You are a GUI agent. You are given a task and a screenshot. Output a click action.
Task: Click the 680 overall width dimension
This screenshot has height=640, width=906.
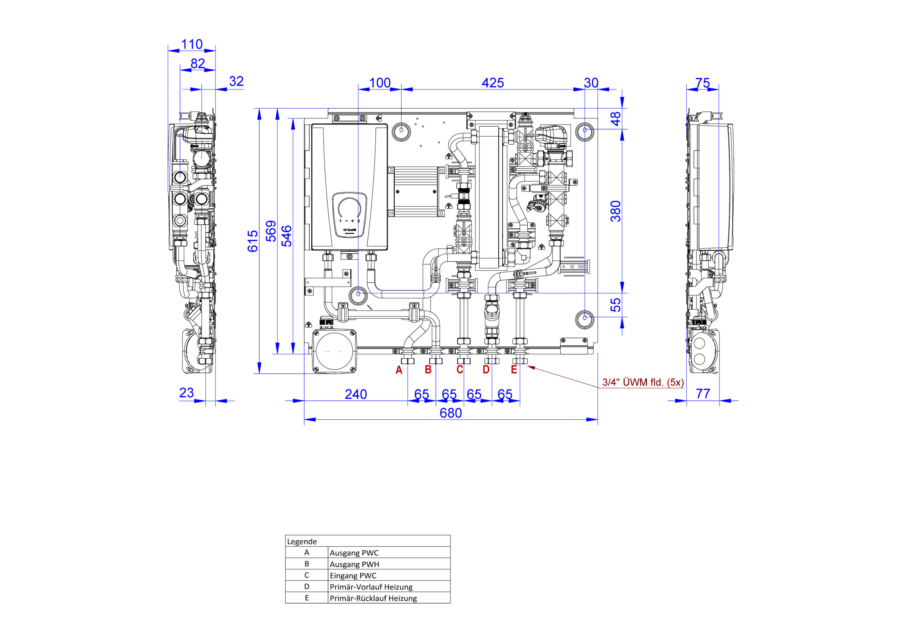[451, 413]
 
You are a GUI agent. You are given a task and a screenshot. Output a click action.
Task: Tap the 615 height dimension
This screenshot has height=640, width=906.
[253, 241]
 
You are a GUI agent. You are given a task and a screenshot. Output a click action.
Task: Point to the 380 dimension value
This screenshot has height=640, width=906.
[615, 211]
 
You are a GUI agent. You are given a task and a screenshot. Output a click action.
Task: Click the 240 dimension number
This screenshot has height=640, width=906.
[356, 394]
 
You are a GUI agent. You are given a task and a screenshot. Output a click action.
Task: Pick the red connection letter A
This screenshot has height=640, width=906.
[399, 370]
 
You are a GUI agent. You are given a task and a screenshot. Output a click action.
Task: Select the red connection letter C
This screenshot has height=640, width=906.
[460, 370]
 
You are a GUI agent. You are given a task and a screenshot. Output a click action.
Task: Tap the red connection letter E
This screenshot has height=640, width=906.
[514, 370]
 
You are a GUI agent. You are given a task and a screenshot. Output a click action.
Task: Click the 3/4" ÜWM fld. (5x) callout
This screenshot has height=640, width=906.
[643, 382]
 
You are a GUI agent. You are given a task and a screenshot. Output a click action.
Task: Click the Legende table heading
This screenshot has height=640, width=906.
[302, 542]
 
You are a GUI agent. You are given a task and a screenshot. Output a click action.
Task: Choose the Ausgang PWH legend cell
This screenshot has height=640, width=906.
[354, 564]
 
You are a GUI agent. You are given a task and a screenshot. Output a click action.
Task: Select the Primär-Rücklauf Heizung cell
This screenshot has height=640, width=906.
[373, 598]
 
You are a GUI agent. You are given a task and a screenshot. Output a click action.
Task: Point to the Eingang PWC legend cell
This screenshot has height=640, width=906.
[353, 576]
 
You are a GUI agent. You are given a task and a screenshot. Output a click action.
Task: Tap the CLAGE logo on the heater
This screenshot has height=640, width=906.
[350, 230]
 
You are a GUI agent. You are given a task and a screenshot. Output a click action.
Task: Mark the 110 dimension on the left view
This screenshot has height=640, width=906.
[192, 44]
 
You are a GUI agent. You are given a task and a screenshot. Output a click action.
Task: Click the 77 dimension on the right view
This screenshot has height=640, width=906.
[703, 393]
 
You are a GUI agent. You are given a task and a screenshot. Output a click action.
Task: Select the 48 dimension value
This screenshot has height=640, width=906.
[615, 119]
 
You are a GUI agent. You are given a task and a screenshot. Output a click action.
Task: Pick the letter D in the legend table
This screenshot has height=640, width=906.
[306, 587]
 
